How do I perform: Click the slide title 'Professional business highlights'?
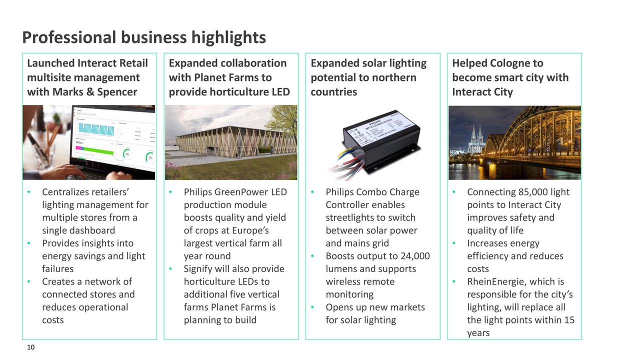pyautogui.click(x=144, y=37)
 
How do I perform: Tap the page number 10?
pyautogui.click(x=30, y=348)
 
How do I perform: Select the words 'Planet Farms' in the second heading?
pyautogui.click(x=227, y=77)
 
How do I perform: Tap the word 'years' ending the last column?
pyautogui.click(x=478, y=333)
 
